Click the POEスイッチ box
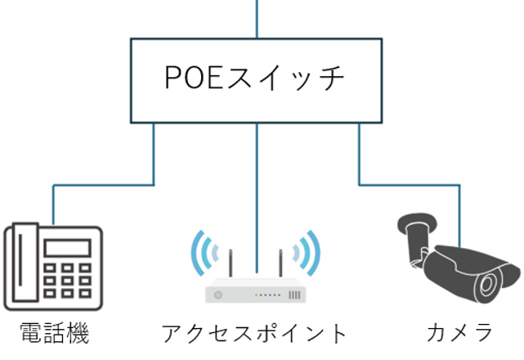257,80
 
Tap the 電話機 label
54,333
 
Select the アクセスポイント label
256,333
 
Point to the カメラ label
460,333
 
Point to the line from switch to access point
257,188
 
